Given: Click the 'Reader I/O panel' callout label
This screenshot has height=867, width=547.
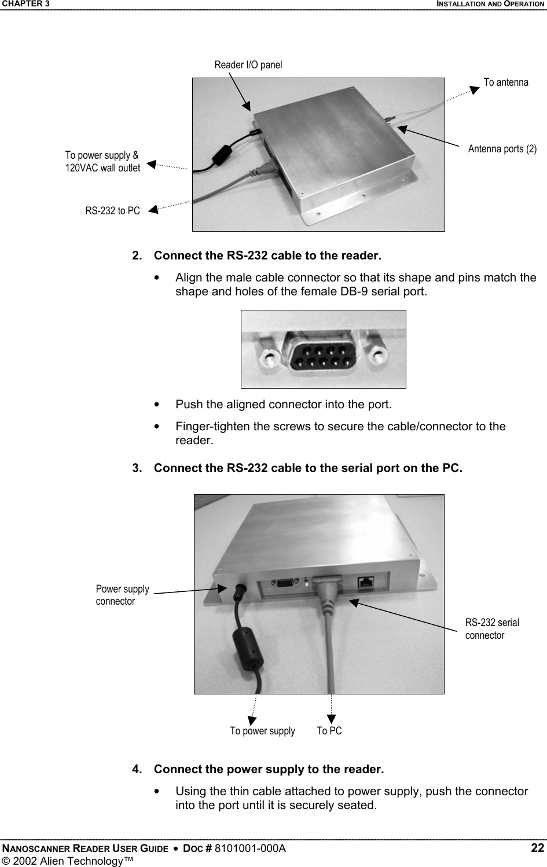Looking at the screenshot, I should (x=248, y=65).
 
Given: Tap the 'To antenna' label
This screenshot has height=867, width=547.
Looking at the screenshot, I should (x=505, y=82).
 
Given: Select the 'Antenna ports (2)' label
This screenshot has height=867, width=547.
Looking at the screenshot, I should (x=502, y=149).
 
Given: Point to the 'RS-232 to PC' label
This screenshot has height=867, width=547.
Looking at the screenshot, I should (x=112, y=211).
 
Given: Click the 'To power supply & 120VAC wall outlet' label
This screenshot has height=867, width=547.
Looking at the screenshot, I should (x=102, y=162).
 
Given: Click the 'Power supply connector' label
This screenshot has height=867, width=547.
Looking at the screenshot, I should (x=122, y=595).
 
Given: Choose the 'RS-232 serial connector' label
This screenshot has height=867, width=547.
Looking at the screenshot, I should (x=491, y=628).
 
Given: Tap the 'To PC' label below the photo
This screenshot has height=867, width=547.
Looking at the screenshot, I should (x=329, y=731).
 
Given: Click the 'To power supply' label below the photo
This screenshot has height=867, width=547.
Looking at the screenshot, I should (x=262, y=731).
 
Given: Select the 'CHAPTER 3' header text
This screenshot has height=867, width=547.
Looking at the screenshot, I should (x=25, y=4).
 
